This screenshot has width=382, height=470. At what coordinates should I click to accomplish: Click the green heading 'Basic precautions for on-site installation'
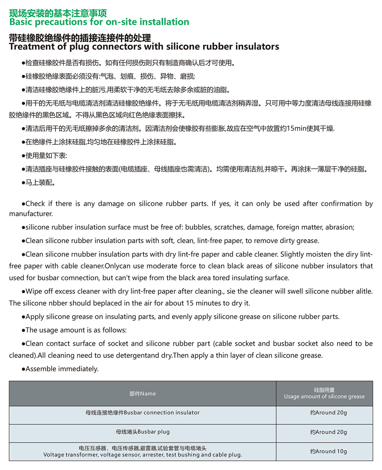click(99, 22)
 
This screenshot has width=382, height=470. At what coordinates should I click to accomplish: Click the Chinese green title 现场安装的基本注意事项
click(58, 13)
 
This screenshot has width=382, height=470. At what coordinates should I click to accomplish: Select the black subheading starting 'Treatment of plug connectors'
click(144, 47)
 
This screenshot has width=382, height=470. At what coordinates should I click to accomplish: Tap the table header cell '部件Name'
click(143, 393)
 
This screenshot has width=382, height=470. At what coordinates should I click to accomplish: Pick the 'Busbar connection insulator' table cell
click(143, 412)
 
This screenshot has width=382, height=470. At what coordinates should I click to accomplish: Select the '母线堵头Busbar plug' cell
click(143, 432)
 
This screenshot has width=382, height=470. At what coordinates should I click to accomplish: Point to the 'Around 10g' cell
click(329, 451)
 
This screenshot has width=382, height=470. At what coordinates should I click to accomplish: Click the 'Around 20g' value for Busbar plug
click(329, 432)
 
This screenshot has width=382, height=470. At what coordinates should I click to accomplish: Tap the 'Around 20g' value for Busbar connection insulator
click(329, 412)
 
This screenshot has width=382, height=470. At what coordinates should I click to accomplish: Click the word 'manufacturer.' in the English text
click(31, 214)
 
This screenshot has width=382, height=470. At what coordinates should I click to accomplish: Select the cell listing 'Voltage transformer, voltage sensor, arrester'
click(143, 452)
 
